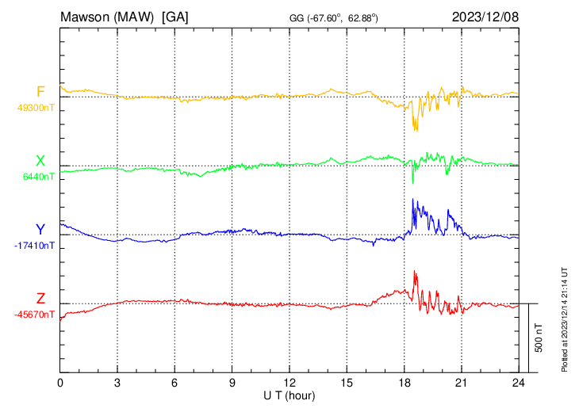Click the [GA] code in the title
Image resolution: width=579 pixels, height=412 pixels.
coord(174,16)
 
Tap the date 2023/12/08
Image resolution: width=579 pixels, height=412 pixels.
coord(485,16)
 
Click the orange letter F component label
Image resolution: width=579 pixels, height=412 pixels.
coord(40,92)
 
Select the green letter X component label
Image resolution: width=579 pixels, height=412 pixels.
coord(40,161)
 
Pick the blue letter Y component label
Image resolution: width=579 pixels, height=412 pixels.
coord(40,230)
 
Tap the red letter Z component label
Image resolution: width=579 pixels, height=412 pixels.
coord(40,298)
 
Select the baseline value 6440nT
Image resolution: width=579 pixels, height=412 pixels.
coord(36,177)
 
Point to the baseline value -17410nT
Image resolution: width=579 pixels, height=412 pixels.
coord(34,246)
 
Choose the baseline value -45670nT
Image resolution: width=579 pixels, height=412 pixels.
coord(34,315)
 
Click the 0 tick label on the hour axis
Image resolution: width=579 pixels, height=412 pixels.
coord(60,383)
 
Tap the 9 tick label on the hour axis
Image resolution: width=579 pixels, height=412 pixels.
coord(232,383)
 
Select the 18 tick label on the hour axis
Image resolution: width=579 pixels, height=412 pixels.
coord(404,383)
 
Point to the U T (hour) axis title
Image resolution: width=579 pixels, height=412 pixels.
coord(289,395)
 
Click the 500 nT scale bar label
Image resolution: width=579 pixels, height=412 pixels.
coord(539,338)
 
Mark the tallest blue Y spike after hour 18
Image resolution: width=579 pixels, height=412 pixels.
coord(414,200)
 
